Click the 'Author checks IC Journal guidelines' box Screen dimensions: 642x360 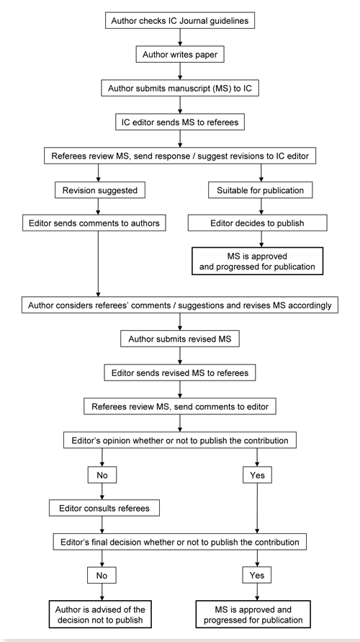pos(179,20)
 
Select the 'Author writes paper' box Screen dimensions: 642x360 pos(179,54)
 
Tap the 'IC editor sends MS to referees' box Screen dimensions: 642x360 pos(179,122)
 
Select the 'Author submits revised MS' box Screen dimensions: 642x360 pos(179,339)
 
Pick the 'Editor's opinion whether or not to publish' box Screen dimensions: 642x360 pos(179,441)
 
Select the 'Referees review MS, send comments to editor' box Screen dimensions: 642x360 pos(179,406)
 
